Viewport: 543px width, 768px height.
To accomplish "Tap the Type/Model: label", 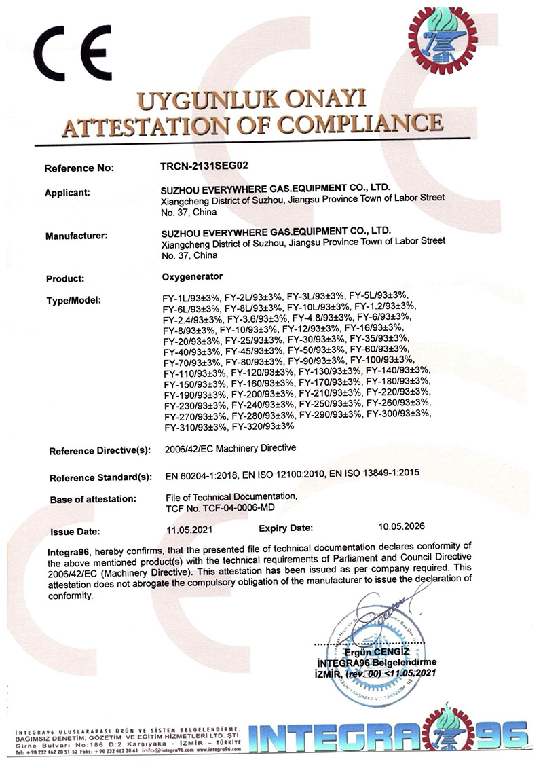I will [x=73, y=299].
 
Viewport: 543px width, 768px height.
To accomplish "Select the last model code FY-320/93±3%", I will [x=262, y=426].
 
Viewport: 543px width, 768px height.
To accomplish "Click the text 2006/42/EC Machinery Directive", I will [x=231, y=449].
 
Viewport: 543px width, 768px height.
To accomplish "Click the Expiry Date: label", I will [x=286, y=528].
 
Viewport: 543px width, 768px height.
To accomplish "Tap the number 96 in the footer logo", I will [x=500, y=736].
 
